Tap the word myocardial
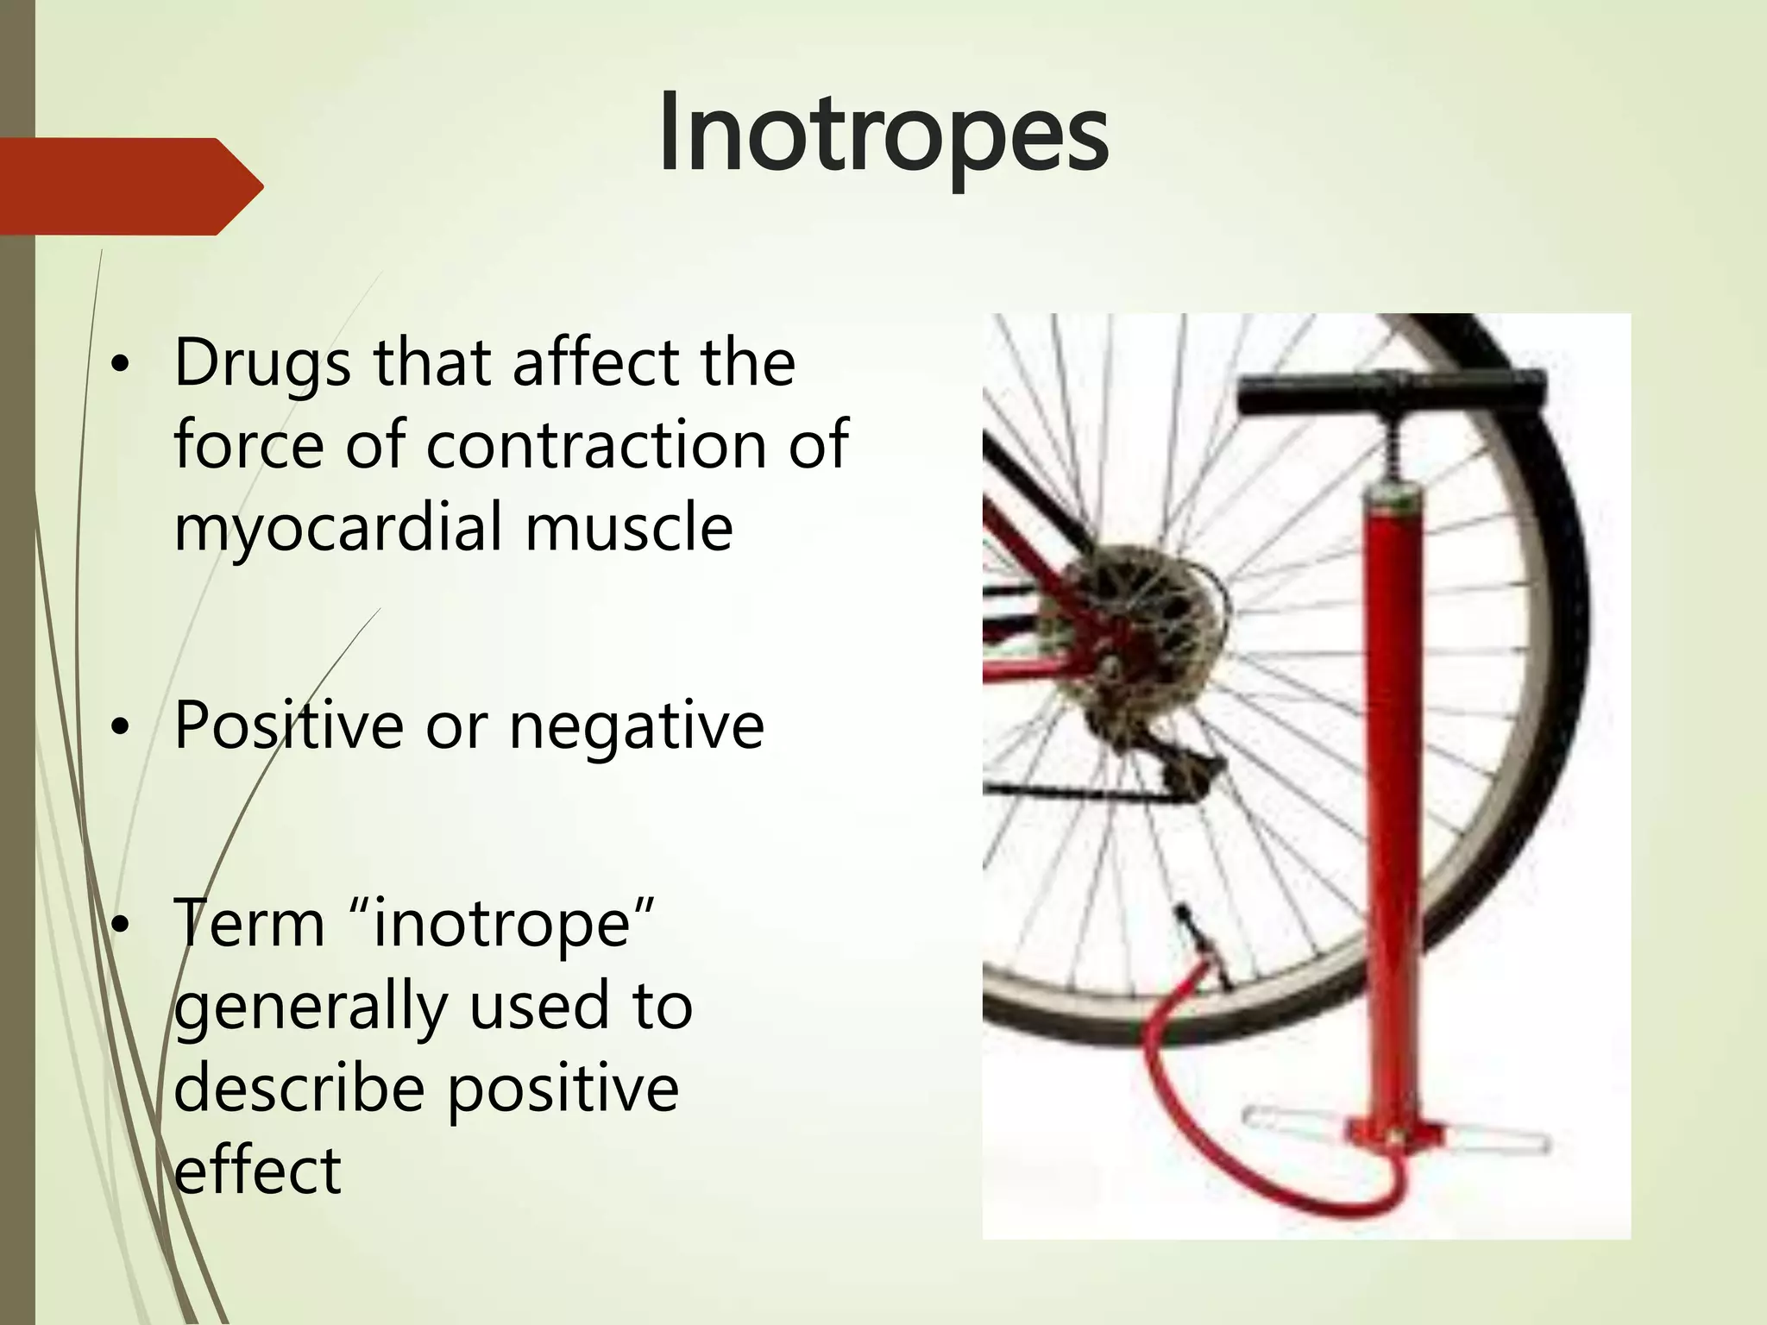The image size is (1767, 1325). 337,528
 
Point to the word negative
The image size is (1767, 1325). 636,726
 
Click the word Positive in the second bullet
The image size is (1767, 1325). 288,725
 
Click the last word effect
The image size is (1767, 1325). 257,1171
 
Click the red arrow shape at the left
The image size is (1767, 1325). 129,186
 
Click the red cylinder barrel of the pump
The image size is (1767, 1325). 1390,776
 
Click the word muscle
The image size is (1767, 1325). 629,528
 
